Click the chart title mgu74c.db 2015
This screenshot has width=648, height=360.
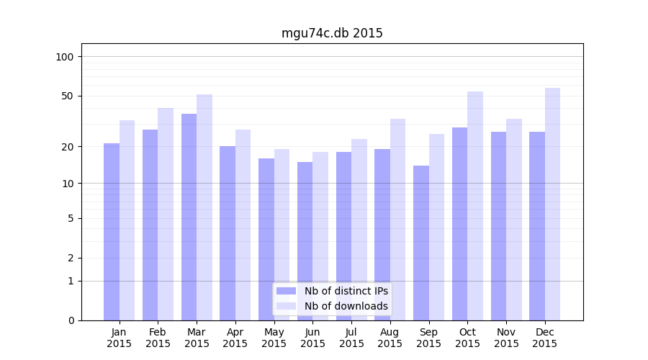point(332,34)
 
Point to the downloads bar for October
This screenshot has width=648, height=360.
point(475,206)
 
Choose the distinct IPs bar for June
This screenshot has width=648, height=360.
point(305,241)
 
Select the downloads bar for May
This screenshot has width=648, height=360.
point(282,235)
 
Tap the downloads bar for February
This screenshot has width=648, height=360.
point(166,214)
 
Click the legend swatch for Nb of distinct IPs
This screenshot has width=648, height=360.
point(286,291)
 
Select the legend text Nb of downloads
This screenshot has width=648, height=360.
point(346,306)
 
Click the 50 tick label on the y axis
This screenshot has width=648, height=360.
point(67,96)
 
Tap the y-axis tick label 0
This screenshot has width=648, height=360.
point(71,320)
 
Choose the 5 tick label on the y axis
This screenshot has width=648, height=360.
point(71,218)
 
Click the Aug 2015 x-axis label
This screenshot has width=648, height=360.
point(390,338)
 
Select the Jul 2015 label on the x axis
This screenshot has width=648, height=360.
point(351,338)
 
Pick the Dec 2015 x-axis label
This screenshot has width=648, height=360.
point(545,338)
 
